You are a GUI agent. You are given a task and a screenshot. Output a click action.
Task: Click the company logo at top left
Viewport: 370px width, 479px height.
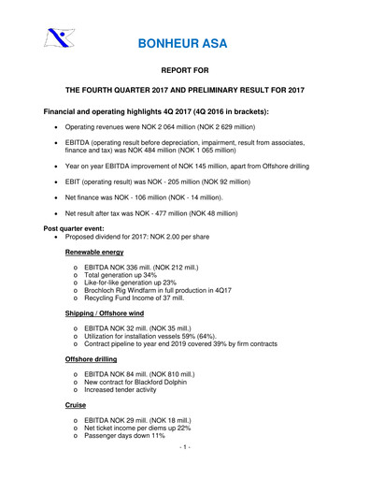click(x=58, y=38)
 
